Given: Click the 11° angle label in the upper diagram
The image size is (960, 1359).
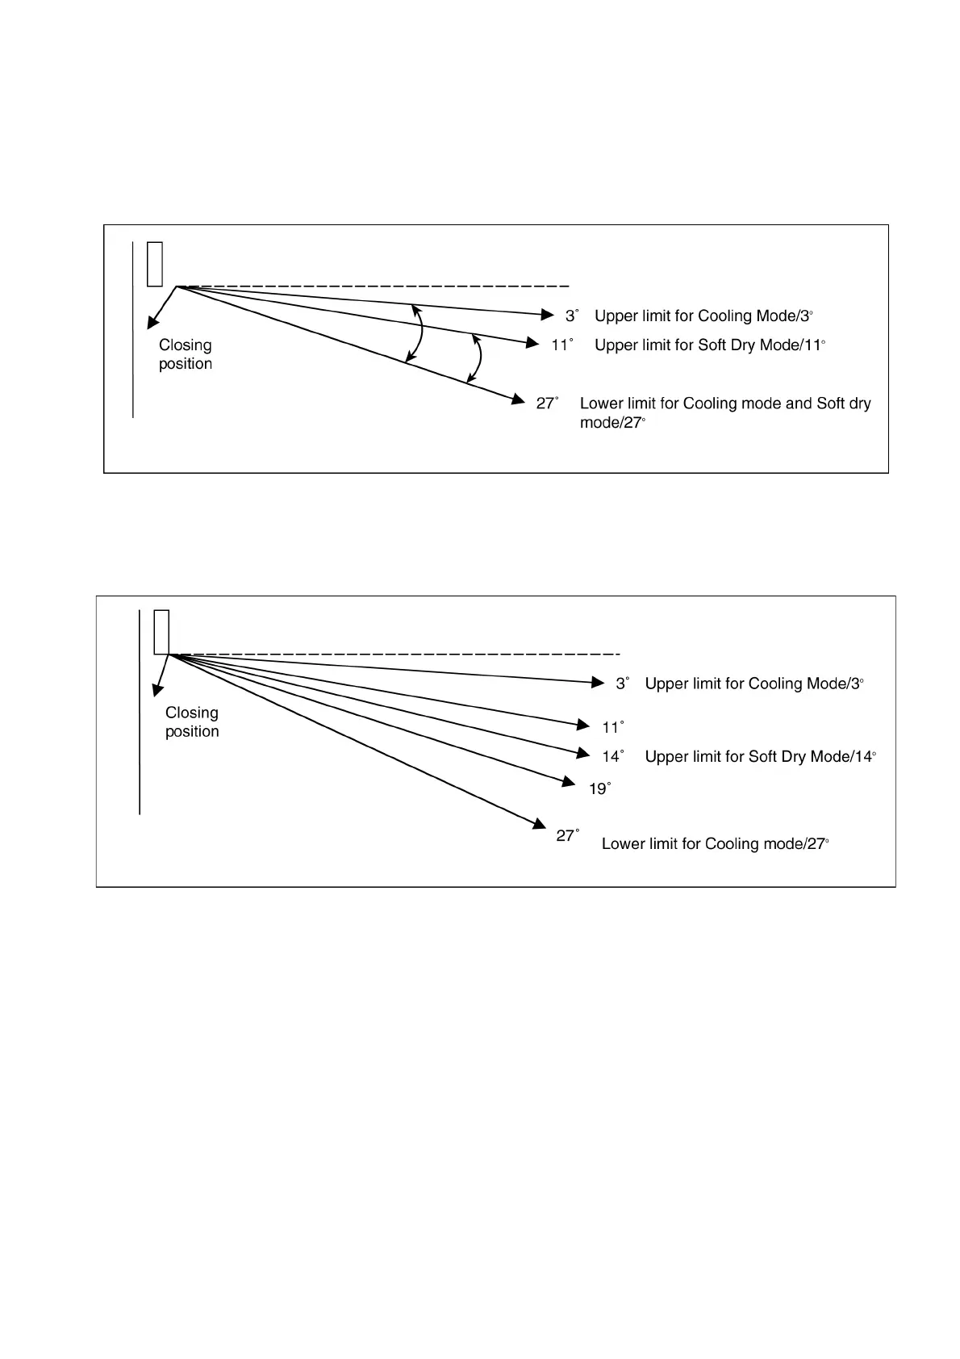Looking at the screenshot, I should pos(561,345).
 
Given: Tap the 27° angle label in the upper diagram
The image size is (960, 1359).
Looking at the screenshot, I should pos(547,403).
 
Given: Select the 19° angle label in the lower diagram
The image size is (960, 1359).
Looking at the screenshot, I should pos(599,788).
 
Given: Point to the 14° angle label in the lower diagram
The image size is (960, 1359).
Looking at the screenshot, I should pos(612,756).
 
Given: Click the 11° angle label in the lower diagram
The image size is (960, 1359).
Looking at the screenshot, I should pos(612,727).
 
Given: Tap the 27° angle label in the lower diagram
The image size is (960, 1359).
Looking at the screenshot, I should pos(567,835).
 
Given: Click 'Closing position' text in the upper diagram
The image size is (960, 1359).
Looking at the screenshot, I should pos(186,354).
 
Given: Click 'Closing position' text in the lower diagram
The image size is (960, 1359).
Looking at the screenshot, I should pos(192,721).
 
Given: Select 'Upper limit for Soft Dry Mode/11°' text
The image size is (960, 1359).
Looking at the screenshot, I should pos(709,345).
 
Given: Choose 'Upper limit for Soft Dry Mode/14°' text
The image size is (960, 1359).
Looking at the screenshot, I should pos(760,756).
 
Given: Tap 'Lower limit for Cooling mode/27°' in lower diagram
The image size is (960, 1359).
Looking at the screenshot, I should pos(715,843).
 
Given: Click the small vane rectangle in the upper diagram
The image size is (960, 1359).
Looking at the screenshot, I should pos(155,263).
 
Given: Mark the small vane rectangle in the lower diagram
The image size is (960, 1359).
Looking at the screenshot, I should pos(161,631).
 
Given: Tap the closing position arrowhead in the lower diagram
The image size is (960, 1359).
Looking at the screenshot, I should pos(157,690).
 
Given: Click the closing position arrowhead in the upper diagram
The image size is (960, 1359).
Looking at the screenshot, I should pos(152,324).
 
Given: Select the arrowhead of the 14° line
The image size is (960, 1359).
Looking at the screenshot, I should pos(585,754).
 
